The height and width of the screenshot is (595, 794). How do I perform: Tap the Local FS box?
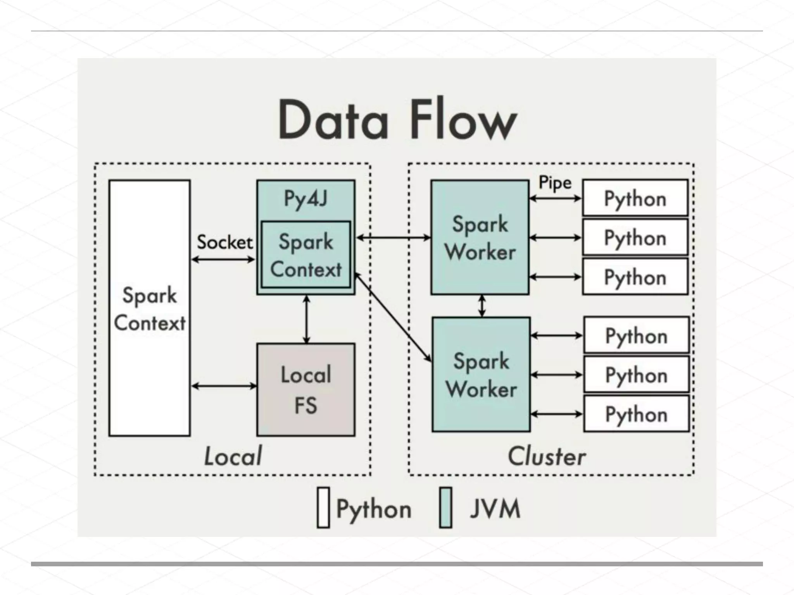click(x=306, y=389)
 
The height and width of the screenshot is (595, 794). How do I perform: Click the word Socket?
click(x=224, y=242)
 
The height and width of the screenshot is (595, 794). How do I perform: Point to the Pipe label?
click(x=555, y=183)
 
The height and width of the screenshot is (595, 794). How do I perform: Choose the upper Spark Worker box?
click(x=480, y=237)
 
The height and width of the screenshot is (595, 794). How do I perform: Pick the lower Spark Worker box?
click(x=481, y=374)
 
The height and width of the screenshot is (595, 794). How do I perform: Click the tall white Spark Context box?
click(x=150, y=308)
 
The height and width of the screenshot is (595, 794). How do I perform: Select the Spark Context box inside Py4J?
click(x=306, y=255)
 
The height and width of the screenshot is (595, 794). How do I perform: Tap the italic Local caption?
click(x=233, y=456)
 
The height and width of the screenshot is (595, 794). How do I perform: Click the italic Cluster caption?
click(x=547, y=456)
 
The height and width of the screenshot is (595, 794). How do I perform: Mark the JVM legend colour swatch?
click(x=446, y=507)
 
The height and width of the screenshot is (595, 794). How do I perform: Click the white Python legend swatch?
click(x=323, y=507)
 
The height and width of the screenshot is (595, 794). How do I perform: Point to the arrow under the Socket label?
click(x=223, y=260)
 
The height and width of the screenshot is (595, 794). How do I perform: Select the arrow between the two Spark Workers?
click(x=482, y=306)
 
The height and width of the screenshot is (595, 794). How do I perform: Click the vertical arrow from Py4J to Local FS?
click(x=307, y=320)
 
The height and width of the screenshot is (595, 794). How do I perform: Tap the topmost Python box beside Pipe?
click(x=635, y=198)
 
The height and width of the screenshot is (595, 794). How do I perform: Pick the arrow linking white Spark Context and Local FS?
click(x=224, y=386)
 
